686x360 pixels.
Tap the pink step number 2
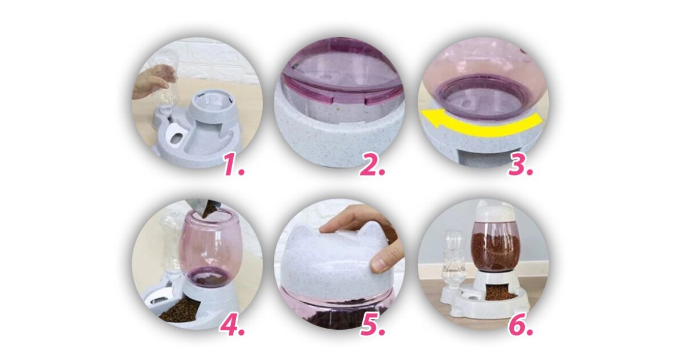tap(372, 165)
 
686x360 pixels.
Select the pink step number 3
tap(520, 165)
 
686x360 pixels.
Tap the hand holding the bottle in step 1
tap(150, 86)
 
